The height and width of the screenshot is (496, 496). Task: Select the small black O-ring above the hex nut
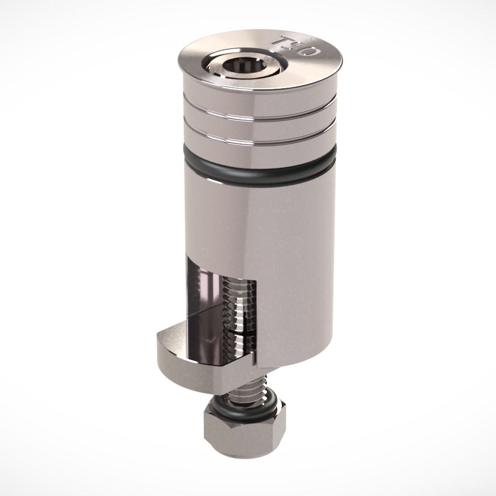[242, 406]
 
